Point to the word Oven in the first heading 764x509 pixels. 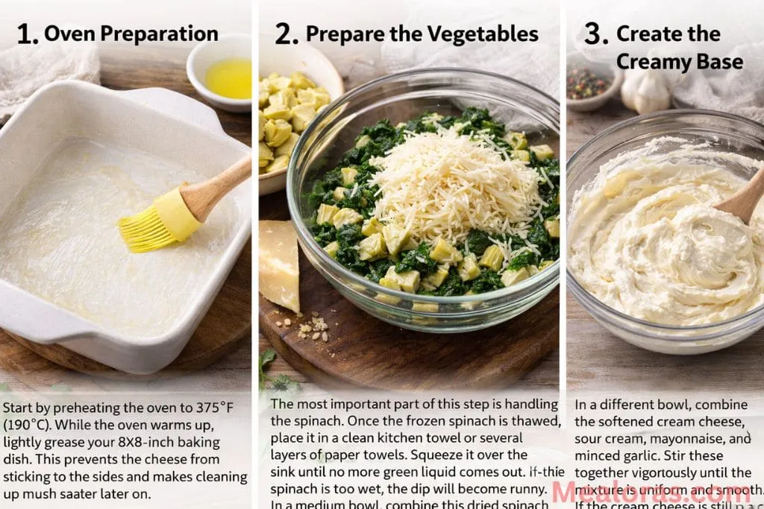[67, 34]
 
